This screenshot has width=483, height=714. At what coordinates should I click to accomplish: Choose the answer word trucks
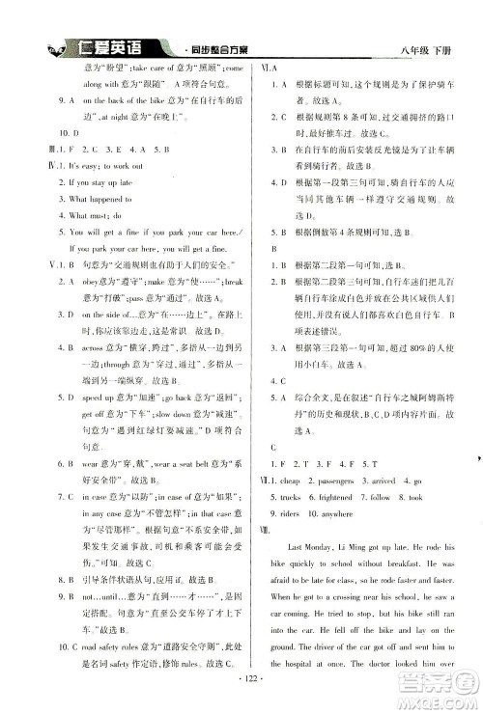point(295,497)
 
